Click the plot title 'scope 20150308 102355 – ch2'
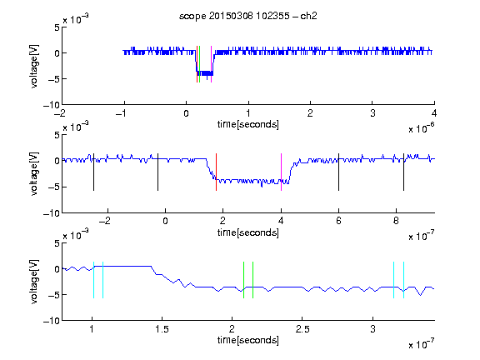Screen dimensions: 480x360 click(x=248, y=16)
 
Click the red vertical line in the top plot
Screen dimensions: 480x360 click(x=197, y=64)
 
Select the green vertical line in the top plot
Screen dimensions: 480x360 click(x=200, y=64)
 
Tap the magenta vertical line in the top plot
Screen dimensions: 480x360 click(x=211, y=64)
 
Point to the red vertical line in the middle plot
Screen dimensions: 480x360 click(x=216, y=172)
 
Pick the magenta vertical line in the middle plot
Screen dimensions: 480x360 click(x=282, y=172)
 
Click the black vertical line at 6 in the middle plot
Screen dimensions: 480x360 click(x=338, y=172)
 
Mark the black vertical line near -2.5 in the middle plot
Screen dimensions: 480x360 click(x=93, y=172)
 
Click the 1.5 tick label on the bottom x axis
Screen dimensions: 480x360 click(x=162, y=329)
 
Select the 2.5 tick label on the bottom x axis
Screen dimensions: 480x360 click(x=302, y=329)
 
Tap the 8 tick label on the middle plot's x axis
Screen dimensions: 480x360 click(x=396, y=221)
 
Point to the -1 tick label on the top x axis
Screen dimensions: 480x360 click(x=121, y=113)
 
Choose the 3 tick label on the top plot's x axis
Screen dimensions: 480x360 click(x=372, y=113)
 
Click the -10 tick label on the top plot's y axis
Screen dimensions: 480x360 click(x=52, y=105)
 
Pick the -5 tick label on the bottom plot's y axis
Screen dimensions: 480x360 click(x=54, y=295)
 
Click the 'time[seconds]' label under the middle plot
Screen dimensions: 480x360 click(x=248, y=233)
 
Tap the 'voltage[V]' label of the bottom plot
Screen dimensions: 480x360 click(x=34, y=282)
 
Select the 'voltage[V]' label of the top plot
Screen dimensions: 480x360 click(x=34, y=66)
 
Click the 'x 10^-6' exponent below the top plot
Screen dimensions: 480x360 click(x=422, y=128)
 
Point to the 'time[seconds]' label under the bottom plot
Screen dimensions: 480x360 click(x=248, y=340)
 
